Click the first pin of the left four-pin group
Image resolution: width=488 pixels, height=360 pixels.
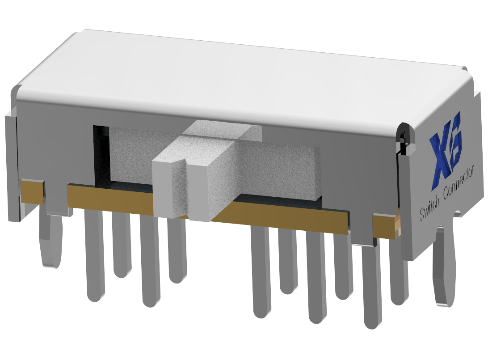[x=94, y=255]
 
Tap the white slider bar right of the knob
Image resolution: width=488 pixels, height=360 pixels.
[x=290, y=172]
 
